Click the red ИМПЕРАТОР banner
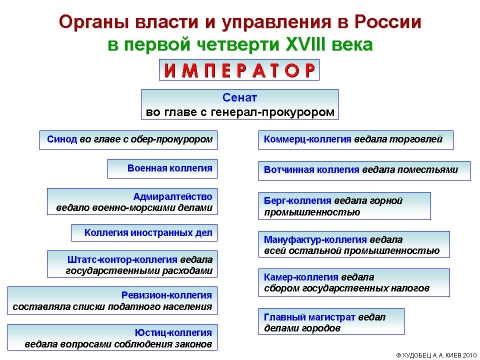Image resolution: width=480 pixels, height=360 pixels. (x=240, y=70)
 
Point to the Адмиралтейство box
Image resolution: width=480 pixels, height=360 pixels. (x=130, y=202)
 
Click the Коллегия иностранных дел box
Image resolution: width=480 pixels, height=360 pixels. (x=144, y=234)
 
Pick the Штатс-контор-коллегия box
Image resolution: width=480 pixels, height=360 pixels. (x=129, y=264)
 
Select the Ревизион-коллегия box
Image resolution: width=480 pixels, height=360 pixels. (x=111, y=301)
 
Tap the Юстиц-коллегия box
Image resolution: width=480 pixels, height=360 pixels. (x=111, y=338)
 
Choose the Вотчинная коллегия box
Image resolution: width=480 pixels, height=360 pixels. (x=361, y=170)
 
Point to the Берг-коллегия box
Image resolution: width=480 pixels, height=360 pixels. (x=341, y=206)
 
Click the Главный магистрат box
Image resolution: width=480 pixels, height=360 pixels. (x=331, y=320)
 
